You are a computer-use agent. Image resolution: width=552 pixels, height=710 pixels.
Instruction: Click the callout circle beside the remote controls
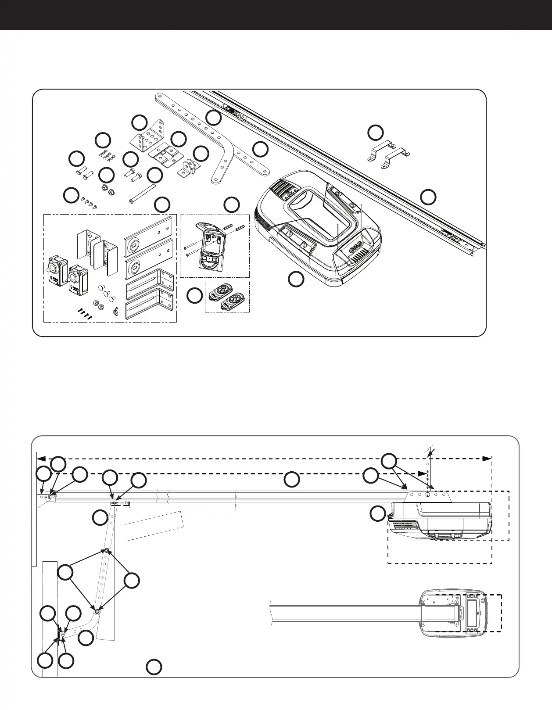[x=194, y=296]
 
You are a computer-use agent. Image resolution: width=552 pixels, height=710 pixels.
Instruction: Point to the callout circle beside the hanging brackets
[x=375, y=133]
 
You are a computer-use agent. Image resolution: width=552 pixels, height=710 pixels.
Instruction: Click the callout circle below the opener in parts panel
[x=296, y=279]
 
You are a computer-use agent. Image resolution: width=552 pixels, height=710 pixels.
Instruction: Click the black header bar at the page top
[x=276, y=15]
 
